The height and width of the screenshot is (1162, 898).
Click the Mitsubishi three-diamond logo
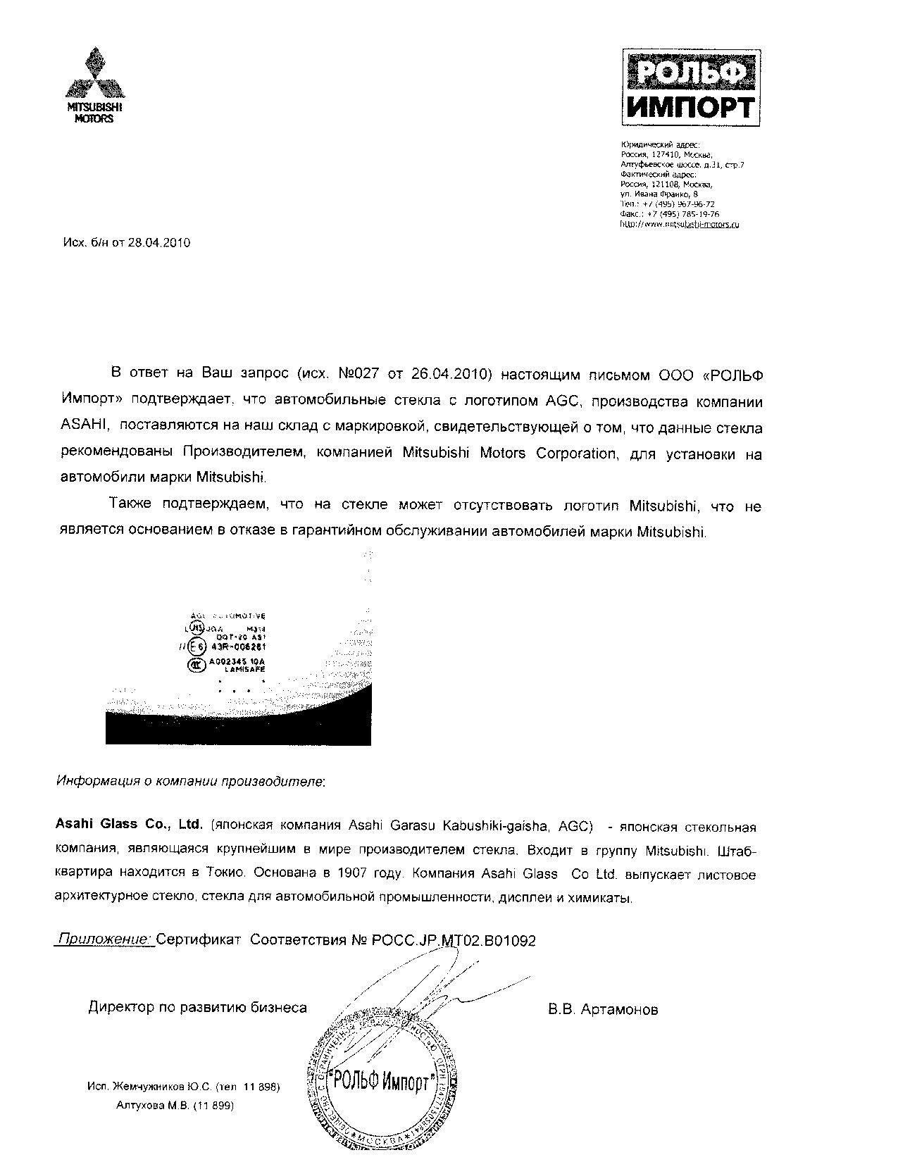[94, 74]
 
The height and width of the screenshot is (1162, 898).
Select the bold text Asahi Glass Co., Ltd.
[129, 824]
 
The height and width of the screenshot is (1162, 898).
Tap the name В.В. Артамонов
[603, 1009]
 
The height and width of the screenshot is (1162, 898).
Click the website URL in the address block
[680, 224]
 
